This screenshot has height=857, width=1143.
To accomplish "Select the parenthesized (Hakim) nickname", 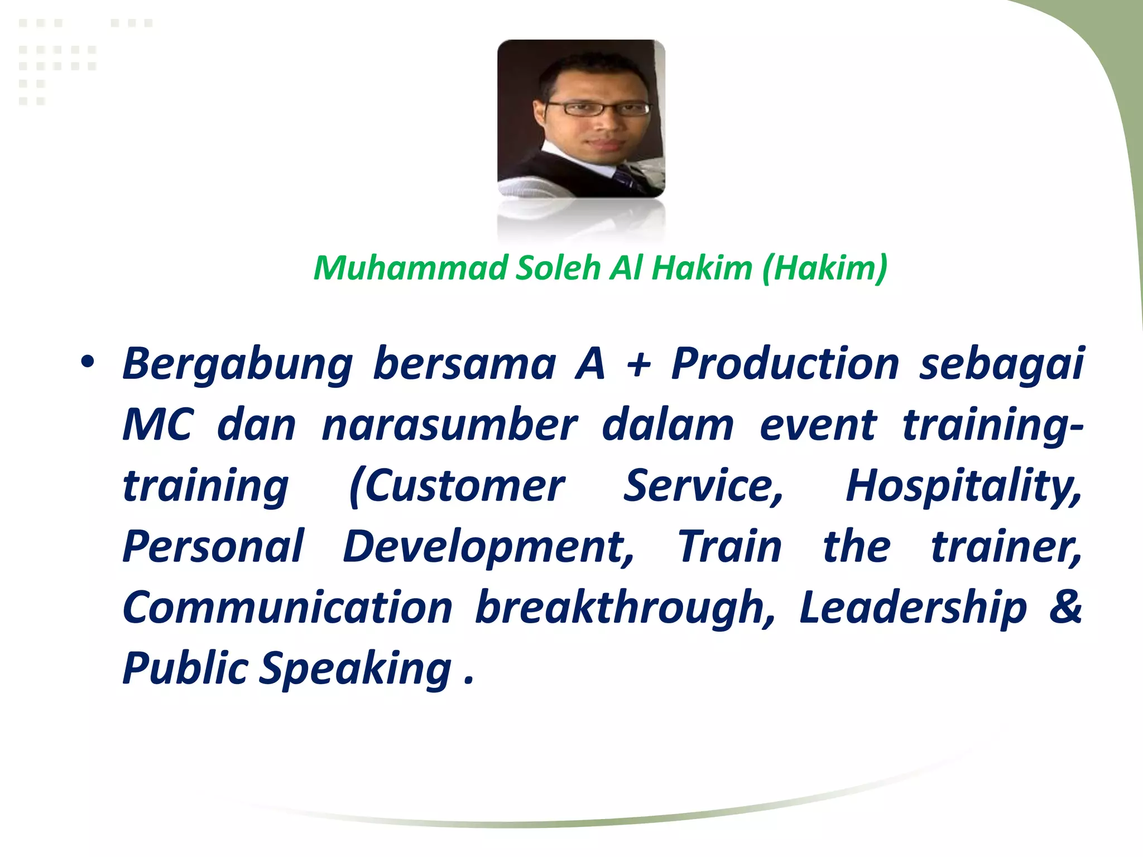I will pyautogui.click(x=824, y=268).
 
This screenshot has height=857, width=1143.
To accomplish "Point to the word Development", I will pyautogui.click(x=488, y=547).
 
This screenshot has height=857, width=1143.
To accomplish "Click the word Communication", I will pyautogui.click(x=287, y=608).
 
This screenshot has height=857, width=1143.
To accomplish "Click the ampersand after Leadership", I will pyautogui.click(x=1065, y=606).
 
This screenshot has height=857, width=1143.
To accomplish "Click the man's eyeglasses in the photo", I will pyautogui.click(x=597, y=108).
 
